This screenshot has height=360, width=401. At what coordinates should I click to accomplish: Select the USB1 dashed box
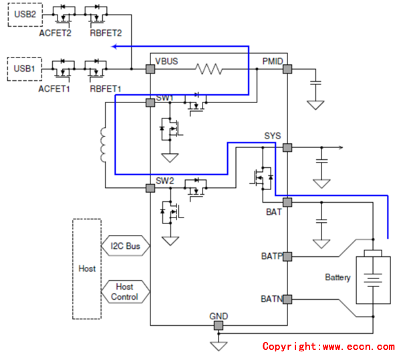click(x=23, y=68)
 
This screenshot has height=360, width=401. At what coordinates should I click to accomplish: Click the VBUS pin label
click(x=167, y=62)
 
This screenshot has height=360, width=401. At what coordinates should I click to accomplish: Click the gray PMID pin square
click(x=287, y=68)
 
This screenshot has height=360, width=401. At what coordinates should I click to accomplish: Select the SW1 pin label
click(x=165, y=98)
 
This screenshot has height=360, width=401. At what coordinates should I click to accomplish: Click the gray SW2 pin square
click(x=150, y=189)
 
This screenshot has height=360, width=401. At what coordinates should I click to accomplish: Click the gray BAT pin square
click(x=287, y=202)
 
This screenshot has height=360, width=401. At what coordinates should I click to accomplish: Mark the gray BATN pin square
click(x=287, y=299)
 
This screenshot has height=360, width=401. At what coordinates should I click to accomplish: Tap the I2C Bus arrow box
click(x=126, y=246)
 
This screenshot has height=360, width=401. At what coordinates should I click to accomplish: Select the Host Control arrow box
click(x=125, y=292)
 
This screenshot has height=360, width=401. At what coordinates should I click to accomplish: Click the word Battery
click(x=338, y=277)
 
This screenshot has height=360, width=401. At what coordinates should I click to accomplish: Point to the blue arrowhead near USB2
click(x=115, y=46)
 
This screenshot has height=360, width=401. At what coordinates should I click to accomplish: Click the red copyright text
click(x=328, y=347)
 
